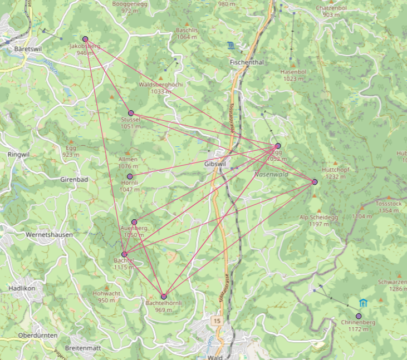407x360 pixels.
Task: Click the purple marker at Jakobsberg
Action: pos(85,39)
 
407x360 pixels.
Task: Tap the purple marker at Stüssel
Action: pos(131,113)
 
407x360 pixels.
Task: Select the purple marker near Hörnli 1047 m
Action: pos(130,176)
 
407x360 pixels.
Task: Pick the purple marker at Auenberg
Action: pos(134,222)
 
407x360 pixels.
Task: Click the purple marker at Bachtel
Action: pos(124,254)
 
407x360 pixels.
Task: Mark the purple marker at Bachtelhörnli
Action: pos(164,297)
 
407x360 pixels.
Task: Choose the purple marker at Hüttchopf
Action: pos(315,182)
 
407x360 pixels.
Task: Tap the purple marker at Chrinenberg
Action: pos(359,316)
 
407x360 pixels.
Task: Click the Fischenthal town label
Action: pos(246,62)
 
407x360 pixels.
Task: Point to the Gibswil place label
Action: pos(215,164)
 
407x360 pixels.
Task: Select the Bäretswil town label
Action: pos(27,49)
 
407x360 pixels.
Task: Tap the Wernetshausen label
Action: pos(49,235)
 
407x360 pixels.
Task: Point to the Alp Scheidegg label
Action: pos(316,217)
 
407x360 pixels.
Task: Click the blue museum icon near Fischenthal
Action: pos(231,45)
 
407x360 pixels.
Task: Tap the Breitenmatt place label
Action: pos(82,347)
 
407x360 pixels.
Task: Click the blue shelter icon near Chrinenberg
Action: pos(364,303)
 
